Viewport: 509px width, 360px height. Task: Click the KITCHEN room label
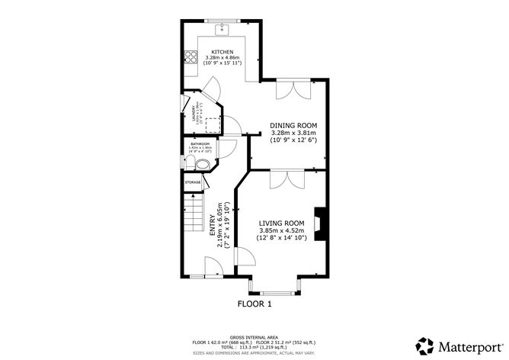coord(222,52)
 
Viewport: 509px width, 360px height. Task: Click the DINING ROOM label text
coord(293,125)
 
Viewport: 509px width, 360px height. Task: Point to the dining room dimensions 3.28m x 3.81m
coord(293,133)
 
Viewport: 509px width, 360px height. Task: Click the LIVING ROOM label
coord(281,223)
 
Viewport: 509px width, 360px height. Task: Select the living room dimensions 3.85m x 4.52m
coord(281,230)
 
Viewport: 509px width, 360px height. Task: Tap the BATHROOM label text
coord(201,144)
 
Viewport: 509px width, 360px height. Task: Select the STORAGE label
coord(193,182)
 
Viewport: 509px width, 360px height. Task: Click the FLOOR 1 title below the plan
coord(254,304)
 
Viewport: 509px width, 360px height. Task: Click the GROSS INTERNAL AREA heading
coord(254,336)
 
